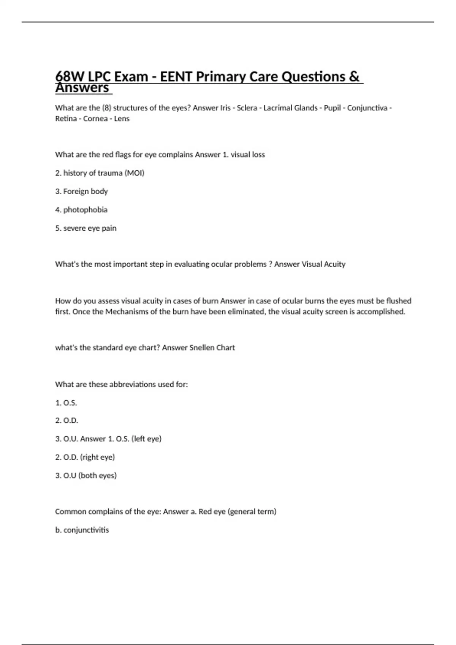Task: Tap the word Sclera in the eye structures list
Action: pos(247,108)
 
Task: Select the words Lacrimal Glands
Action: pos(290,108)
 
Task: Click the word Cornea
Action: pos(95,119)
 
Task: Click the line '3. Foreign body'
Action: pos(82,191)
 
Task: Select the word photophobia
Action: pos(85,210)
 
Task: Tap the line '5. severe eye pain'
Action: pos(86,228)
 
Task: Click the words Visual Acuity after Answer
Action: pos(323,264)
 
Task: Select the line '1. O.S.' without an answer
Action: pos(66,403)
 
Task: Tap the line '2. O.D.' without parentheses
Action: pos(66,420)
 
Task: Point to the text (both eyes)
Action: pos(97,475)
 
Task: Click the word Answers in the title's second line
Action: pos(82,88)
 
